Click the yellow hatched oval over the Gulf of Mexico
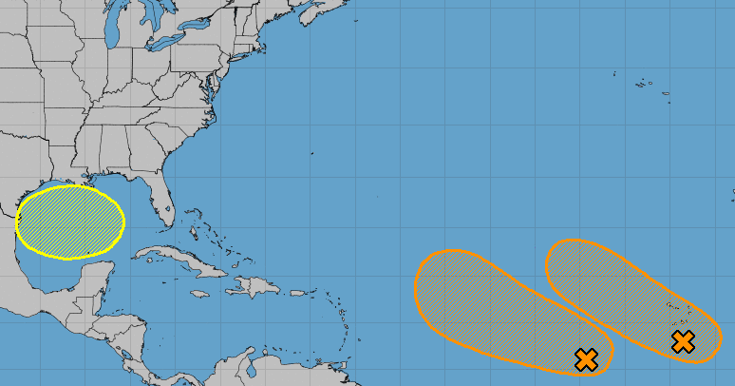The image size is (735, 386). tap(70, 222)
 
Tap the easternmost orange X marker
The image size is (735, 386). tap(682, 341)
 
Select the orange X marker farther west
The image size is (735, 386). tap(586, 359)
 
